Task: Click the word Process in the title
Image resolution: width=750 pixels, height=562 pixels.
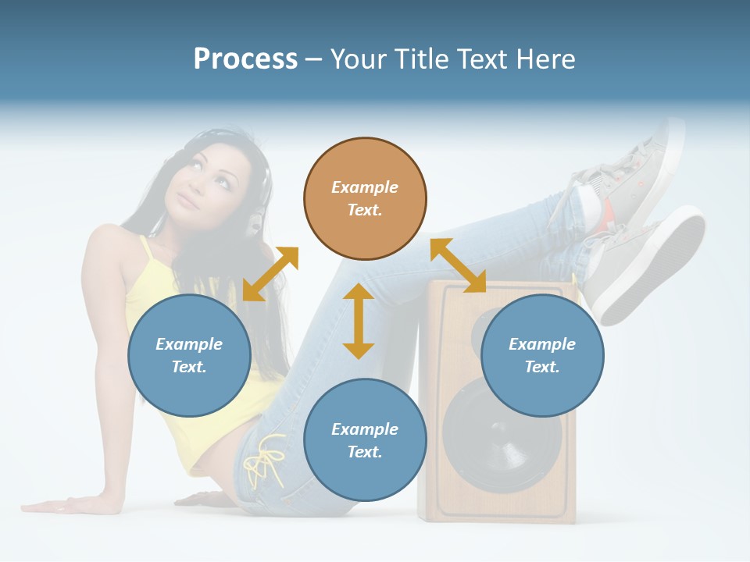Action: coord(245,59)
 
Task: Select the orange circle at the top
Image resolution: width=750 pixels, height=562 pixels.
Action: coord(365,198)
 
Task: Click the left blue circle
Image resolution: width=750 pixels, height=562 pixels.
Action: coord(189,355)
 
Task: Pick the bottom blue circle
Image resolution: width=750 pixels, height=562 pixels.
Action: coord(365,440)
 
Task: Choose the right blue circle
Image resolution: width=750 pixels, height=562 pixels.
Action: coord(542,355)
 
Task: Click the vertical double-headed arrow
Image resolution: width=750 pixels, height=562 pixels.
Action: coord(359,321)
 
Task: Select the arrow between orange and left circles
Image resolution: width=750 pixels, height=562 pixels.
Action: coord(270,274)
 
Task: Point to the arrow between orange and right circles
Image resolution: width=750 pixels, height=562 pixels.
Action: coord(458,265)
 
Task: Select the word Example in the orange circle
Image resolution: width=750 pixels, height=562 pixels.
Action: coord(365,187)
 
